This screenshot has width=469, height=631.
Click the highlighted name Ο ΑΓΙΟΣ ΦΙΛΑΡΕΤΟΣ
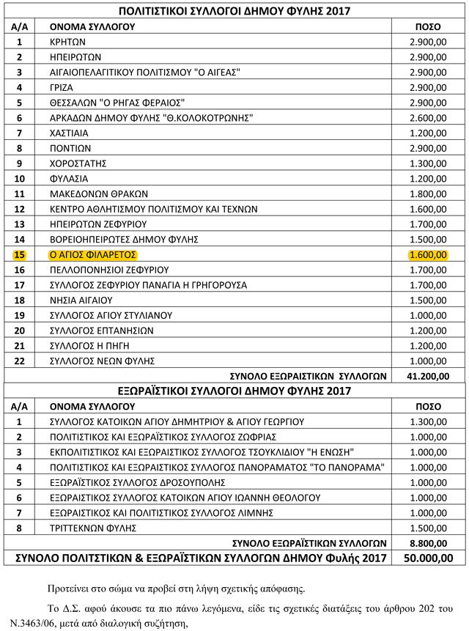(x=93, y=255)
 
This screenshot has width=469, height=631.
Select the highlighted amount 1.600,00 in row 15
(x=427, y=255)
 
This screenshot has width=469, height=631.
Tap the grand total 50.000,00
(x=427, y=558)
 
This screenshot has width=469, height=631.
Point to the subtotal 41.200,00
(x=427, y=376)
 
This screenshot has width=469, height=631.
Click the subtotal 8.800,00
(x=427, y=543)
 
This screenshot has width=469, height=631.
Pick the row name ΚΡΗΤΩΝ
(x=68, y=42)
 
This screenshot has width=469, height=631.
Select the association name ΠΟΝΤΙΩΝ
(x=70, y=148)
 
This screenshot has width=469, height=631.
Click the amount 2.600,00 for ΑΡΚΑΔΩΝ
(x=427, y=117)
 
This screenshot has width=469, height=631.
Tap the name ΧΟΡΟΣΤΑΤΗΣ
(x=78, y=163)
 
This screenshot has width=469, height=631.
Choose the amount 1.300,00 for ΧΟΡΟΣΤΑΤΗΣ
(x=427, y=163)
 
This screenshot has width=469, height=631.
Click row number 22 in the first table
(x=20, y=361)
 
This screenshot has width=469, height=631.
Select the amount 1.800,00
(x=427, y=193)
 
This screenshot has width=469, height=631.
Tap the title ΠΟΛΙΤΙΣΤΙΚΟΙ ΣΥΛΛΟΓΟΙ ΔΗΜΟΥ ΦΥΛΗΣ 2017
(x=234, y=11)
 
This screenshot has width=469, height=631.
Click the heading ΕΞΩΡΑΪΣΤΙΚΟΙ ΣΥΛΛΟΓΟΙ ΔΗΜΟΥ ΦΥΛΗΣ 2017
(x=234, y=391)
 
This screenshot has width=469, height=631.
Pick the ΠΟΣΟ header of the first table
(x=427, y=26)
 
